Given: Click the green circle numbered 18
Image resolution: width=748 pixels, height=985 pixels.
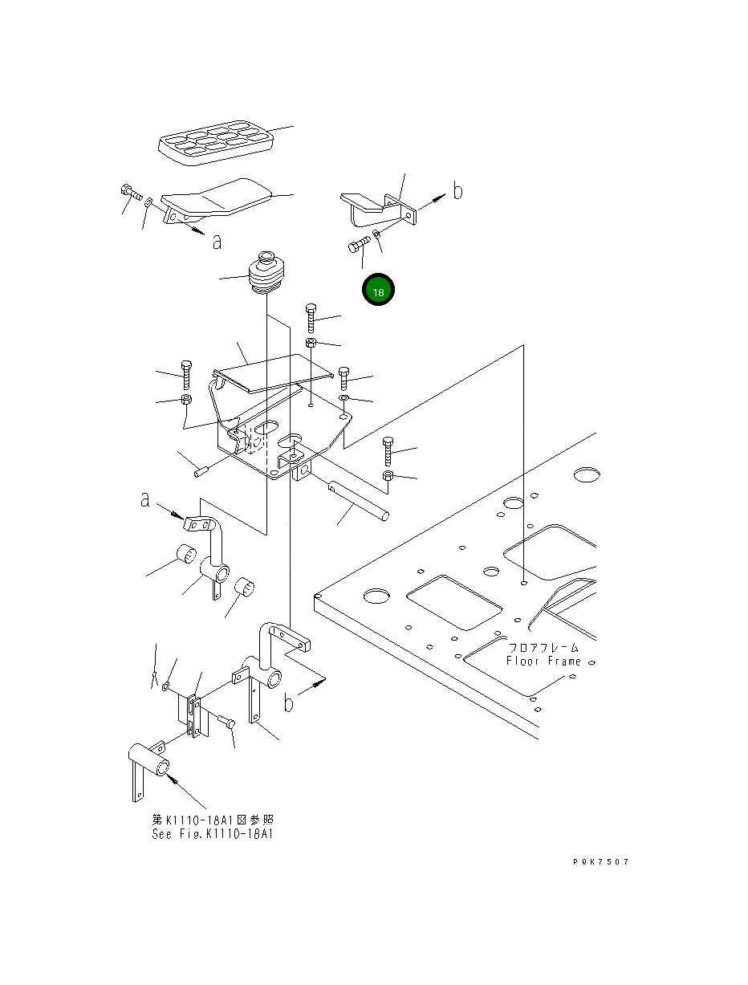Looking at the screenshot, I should pos(378,291).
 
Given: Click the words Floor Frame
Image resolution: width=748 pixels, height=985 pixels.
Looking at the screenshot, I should pos(543,661).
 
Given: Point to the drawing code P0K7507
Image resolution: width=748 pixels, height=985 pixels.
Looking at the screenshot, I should pos(600,861).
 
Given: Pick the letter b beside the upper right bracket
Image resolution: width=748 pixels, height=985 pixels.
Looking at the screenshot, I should pos(457,191).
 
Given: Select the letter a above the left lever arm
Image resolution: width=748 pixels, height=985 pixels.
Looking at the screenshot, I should pos(144,500).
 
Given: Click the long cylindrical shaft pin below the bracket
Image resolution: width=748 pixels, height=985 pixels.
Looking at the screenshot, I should pos(359,499).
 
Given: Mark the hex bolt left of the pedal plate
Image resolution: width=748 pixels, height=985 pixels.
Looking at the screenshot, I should pos(130,192).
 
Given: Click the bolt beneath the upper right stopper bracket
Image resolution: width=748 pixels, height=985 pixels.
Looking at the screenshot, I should pos(359,246).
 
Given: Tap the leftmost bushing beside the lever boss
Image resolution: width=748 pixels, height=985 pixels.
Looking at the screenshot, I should pos(188,554).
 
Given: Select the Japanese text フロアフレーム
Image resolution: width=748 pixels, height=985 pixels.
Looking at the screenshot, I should pos(543,647).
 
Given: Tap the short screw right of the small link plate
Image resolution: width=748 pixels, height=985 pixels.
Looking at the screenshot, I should pos(227,723).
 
